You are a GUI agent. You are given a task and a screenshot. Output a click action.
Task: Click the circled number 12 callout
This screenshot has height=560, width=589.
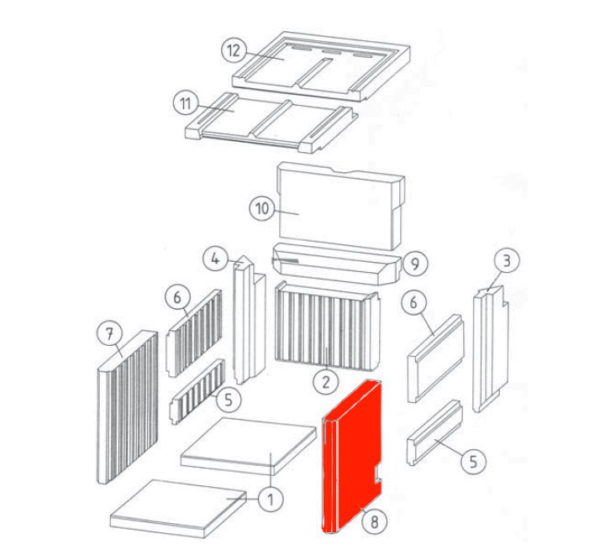click(234, 50)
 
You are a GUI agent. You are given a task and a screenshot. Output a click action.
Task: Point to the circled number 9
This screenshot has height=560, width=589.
click(415, 264)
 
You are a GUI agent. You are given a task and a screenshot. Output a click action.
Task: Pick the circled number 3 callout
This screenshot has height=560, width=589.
click(507, 260)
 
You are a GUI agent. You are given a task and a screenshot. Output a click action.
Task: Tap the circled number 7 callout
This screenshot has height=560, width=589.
click(109, 334)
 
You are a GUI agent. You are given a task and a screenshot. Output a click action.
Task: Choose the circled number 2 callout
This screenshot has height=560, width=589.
click(326, 382)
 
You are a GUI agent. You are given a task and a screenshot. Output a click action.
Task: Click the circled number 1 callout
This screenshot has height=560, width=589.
click(271, 499)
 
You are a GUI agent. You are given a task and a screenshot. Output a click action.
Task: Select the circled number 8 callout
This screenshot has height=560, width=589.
click(374, 521)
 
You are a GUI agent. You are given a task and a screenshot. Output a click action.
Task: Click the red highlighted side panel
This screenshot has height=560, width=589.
click(351, 456)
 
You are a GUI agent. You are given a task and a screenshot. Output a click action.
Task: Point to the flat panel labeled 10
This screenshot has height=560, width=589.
click(340, 206)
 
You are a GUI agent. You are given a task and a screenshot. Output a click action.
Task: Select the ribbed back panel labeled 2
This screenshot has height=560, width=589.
click(328, 327)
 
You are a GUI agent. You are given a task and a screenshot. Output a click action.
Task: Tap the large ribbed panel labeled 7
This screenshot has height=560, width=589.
click(128, 407)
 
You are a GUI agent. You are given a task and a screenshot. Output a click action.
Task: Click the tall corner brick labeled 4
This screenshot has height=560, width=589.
click(249, 319)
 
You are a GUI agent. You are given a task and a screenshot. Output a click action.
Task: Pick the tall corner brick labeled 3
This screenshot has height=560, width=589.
click(491, 348)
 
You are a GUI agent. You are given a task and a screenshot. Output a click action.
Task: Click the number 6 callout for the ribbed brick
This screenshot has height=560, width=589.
click(177, 298)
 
